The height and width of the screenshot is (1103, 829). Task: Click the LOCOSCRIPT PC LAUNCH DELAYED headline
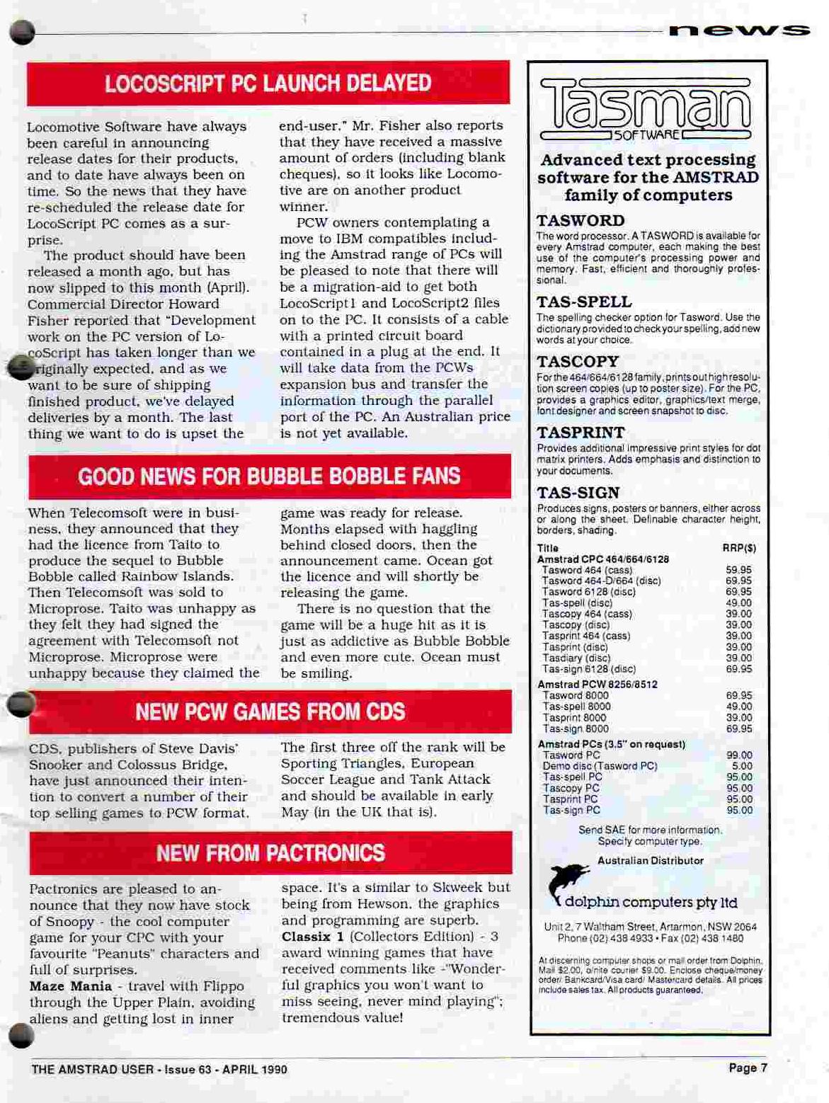tap(268, 84)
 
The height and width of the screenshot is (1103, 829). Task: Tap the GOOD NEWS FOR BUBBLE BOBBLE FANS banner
tap(269, 476)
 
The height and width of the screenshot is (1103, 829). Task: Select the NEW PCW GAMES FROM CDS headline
tap(270, 711)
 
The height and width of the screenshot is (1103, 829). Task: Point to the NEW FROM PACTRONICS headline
tap(270, 853)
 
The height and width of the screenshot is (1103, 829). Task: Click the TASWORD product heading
tap(581, 221)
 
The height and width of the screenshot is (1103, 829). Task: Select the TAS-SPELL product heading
tap(584, 302)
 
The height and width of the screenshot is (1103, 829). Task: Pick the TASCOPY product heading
tap(578, 362)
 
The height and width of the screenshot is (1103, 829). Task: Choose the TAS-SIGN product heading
tap(578, 493)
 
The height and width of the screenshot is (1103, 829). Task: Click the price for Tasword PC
tap(739, 755)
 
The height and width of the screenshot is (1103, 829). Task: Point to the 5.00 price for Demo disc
tap(742, 766)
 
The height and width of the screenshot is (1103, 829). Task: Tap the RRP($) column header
tap(739, 548)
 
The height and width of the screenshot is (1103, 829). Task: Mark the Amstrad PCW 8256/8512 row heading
tap(598, 685)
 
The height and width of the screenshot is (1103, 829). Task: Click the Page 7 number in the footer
tap(748, 1068)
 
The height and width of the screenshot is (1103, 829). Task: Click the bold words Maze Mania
tap(71, 986)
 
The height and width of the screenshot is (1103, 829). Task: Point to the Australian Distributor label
tap(651, 861)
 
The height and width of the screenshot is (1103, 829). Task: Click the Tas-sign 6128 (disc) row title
tap(589, 669)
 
